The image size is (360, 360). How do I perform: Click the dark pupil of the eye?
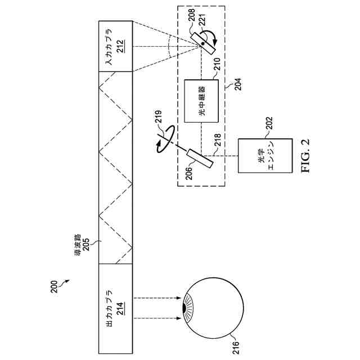tap(184, 308)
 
